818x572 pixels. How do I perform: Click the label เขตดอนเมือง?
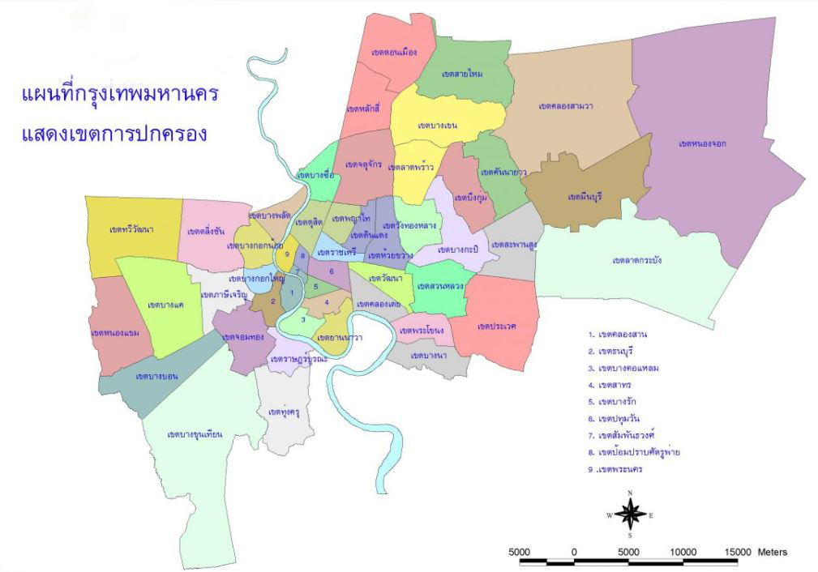pos(393,53)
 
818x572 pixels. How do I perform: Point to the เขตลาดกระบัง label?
pos(637,260)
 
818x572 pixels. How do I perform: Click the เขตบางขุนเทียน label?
pos(195,435)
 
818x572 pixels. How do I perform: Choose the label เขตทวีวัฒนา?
pos(131,230)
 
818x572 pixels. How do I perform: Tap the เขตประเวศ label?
pos(496,326)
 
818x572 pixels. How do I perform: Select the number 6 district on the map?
pos(332,271)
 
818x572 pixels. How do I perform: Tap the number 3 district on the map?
pos(302,319)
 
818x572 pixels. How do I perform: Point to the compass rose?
pos(630,514)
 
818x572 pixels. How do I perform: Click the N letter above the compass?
pos(630,493)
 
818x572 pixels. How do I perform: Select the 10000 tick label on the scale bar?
pos(683,553)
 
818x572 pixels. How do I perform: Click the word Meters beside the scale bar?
pos(773,553)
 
